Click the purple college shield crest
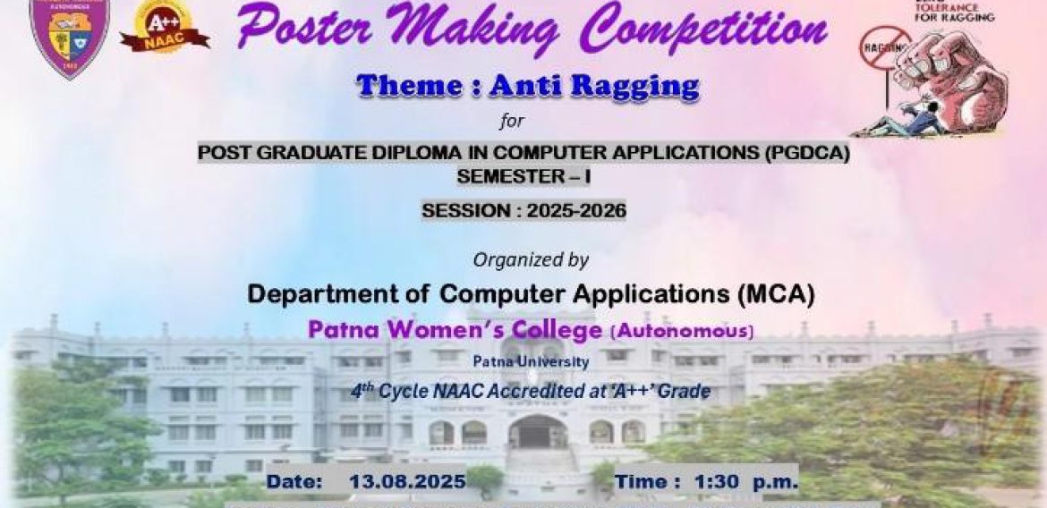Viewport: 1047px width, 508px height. pyautogui.click(x=68, y=35)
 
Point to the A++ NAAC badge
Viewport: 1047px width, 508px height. pyautogui.click(x=164, y=28)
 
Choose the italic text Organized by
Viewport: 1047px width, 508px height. pyautogui.click(x=531, y=260)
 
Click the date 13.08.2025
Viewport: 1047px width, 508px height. pyautogui.click(x=407, y=482)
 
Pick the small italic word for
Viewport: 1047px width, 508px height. pyautogui.click(x=512, y=120)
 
